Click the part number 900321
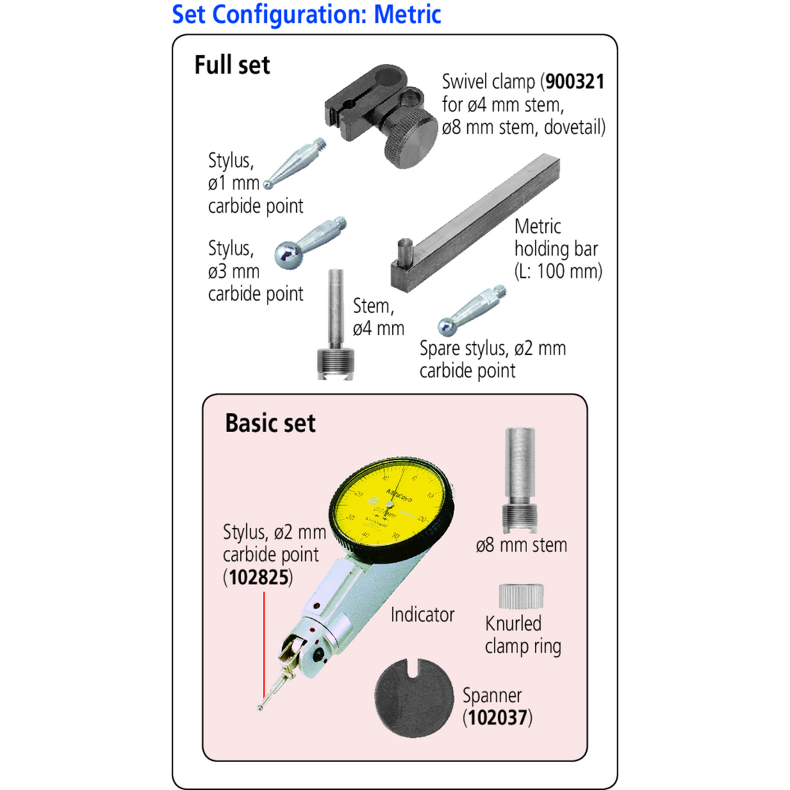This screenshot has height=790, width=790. pos(575,82)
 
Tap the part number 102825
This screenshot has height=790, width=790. pos(259,578)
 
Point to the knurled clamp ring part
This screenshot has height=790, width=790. pos(521,596)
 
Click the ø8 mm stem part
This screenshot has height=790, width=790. pos(519,480)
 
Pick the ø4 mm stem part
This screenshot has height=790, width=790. pos(335,325)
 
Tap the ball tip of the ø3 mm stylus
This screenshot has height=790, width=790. pos(288,255)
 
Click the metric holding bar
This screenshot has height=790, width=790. pos(475,223)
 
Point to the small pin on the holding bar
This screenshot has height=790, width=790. pos(405,253)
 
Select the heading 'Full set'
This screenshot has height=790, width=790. pos(232,65)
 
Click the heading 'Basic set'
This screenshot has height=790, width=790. pos(270,423)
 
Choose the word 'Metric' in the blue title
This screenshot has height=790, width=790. pos(407,14)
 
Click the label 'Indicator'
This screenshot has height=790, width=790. pos(422,614)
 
